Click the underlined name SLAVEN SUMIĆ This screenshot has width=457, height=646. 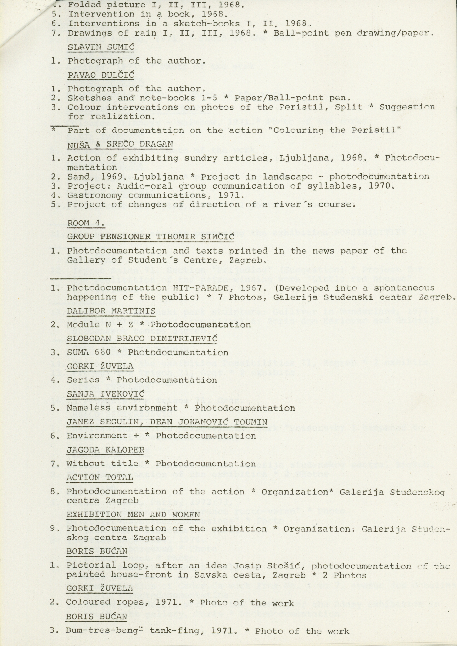[101, 47]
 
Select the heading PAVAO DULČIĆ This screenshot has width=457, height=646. [101, 75]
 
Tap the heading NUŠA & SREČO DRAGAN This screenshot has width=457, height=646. [120, 144]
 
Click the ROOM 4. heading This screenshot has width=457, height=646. [86, 223]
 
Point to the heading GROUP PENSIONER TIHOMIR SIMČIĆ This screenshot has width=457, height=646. [150, 236]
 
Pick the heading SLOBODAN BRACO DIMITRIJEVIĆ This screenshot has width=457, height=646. [142, 339]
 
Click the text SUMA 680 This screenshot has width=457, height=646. [89, 352]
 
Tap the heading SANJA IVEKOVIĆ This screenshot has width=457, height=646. [105, 394]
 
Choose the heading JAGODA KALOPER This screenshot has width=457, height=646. [105, 450]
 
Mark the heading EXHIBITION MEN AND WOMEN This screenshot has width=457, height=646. [133, 514]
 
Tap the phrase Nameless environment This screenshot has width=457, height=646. [122, 408]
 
